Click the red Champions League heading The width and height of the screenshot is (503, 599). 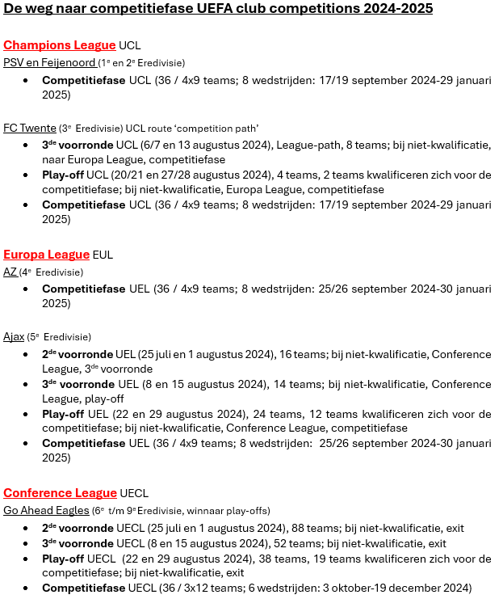click(60, 45)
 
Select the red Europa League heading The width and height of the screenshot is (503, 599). click(46, 255)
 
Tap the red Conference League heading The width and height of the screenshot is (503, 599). click(60, 493)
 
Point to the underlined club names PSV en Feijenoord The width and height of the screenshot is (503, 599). click(49, 62)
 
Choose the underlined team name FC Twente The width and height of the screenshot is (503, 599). click(30, 128)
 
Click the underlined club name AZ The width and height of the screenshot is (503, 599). click(10, 272)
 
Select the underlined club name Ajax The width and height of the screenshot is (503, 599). click(14, 336)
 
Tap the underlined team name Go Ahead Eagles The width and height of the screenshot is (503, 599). click(45, 510)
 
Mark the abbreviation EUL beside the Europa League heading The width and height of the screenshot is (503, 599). click(103, 255)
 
